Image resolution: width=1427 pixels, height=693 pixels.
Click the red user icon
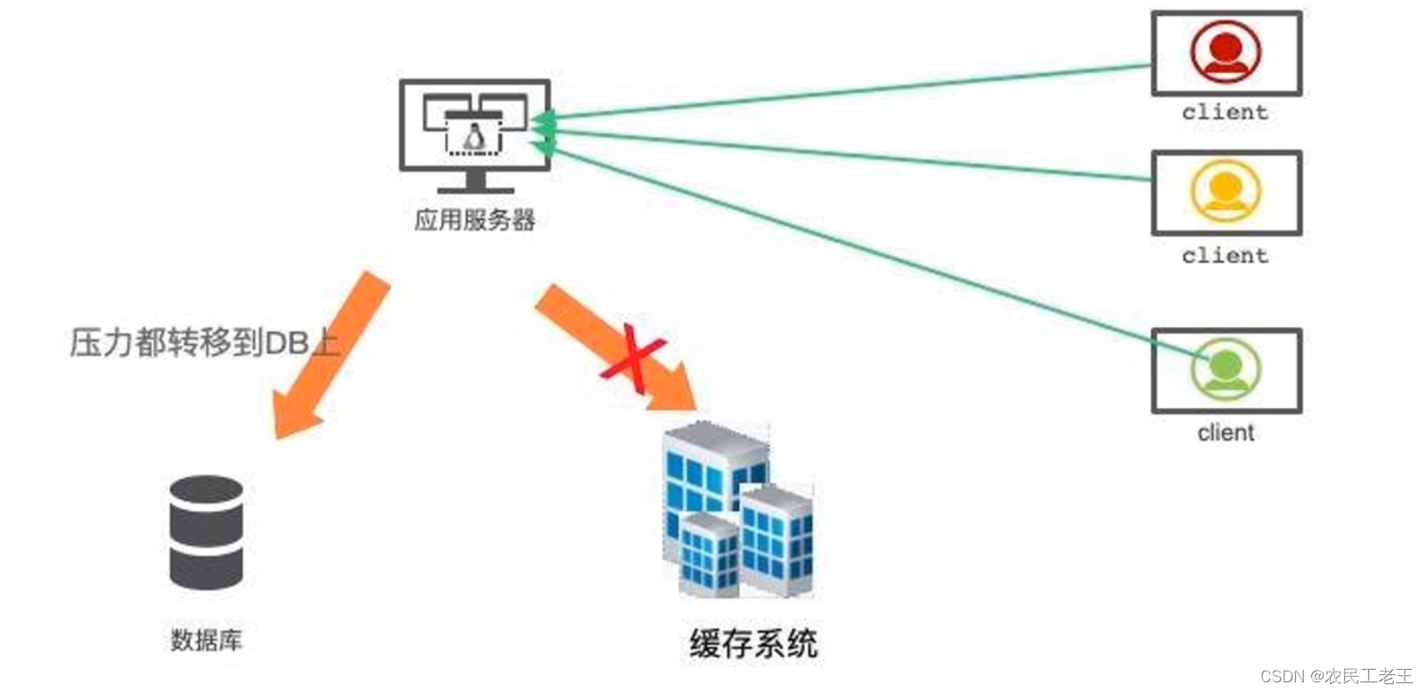pyautogui.click(x=1226, y=51)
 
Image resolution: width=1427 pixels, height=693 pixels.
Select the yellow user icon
pyautogui.click(x=1226, y=191)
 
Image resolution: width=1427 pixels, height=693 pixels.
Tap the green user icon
pyautogui.click(x=1226, y=369)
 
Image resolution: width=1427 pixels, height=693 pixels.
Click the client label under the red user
pyautogui.click(x=1225, y=112)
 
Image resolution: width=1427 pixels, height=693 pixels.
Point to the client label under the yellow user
pyautogui.click(x=1225, y=256)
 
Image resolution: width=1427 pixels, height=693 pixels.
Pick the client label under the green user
pyautogui.click(x=1226, y=433)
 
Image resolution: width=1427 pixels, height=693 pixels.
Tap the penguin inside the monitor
pyautogui.click(x=474, y=137)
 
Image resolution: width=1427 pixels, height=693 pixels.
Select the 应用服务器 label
pyautogui.click(x=475, y=219)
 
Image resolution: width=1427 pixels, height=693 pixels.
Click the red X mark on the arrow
pyautogui.click(x=633, y=357)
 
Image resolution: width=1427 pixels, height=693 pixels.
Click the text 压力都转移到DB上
pyautogui.click(x=204, y=342)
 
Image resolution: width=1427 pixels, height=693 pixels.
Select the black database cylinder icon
pyautogui.click(x=206, y=533)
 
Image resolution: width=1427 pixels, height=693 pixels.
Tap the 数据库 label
pyautogui.click(x=206, y=640)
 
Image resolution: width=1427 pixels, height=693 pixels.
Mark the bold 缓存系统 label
pyautogui.click(x=753, y=643)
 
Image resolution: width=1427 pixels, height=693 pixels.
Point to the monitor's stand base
pyautogui.click(x=475, y=188)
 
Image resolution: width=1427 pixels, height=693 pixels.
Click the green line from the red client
pyautogui.click(x=847, y=90)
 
